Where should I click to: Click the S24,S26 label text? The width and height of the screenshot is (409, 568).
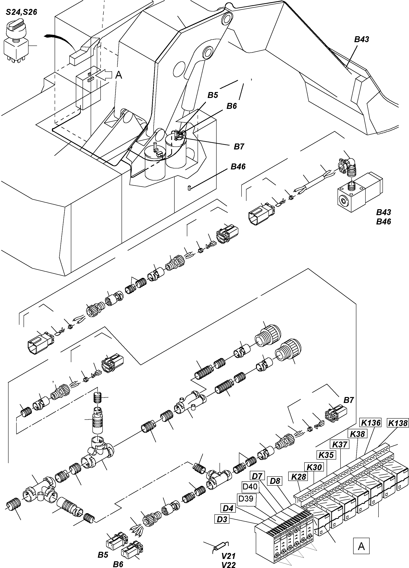coord(22,12)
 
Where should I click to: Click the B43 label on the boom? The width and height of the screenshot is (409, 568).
coord(361,39)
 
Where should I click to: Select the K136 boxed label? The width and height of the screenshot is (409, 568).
coord(370,423)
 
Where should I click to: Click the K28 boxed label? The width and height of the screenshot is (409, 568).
coord(298,476)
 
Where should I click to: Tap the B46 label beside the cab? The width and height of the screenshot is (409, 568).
coord(238,167)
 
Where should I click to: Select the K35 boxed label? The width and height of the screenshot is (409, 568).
coord(326,455)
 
